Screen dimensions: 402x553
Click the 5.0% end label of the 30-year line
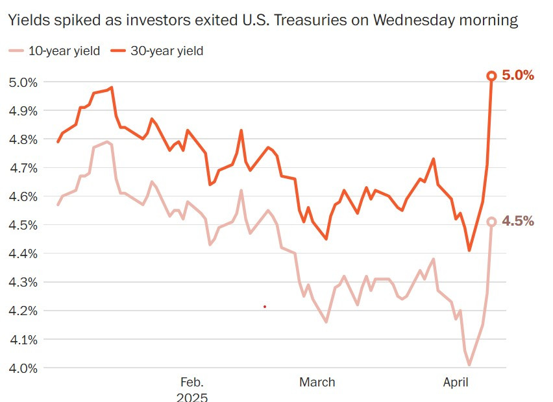[518, 75]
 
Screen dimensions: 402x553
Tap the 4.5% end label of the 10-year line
[518, 221]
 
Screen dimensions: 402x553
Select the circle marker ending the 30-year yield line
[491, 76]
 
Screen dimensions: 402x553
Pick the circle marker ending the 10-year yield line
[491, 222]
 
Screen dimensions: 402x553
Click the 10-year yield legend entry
[55, 51]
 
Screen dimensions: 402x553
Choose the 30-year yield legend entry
[158, 51]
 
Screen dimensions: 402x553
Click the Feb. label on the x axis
[192, 383]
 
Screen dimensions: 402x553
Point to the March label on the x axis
[317, 383]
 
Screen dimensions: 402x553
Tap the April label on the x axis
[455, 383]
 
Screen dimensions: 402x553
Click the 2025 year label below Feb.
[192, 397]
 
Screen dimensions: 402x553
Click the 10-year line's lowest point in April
[469, 365]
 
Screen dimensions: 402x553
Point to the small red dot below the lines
[265, 306]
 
